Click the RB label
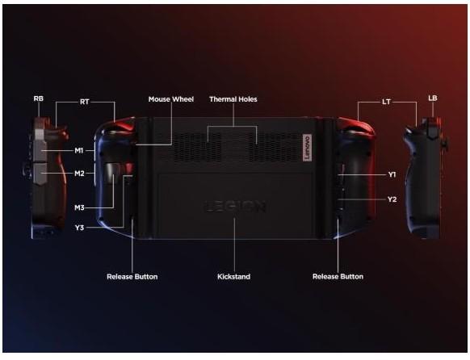coord(39,98)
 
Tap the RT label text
coord(85,102)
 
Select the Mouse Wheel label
coord(171,99)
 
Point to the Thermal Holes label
coord(233,99)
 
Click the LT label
coord(386,102)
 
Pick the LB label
coord(433,98)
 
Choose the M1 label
coord(79,150)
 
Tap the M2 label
coord(79,173)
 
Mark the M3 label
coord(79,207)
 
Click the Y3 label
coord(79,228)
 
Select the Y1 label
coord(392,174)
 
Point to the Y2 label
coord(392,199)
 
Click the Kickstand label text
coord(234,276)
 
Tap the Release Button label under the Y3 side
coord(132,276)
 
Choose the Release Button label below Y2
coord(338,276)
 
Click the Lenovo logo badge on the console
coord(307,148)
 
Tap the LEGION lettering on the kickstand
coord(235,207)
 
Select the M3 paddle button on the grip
coord(111,173)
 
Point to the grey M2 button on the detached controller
coord(40,174)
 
